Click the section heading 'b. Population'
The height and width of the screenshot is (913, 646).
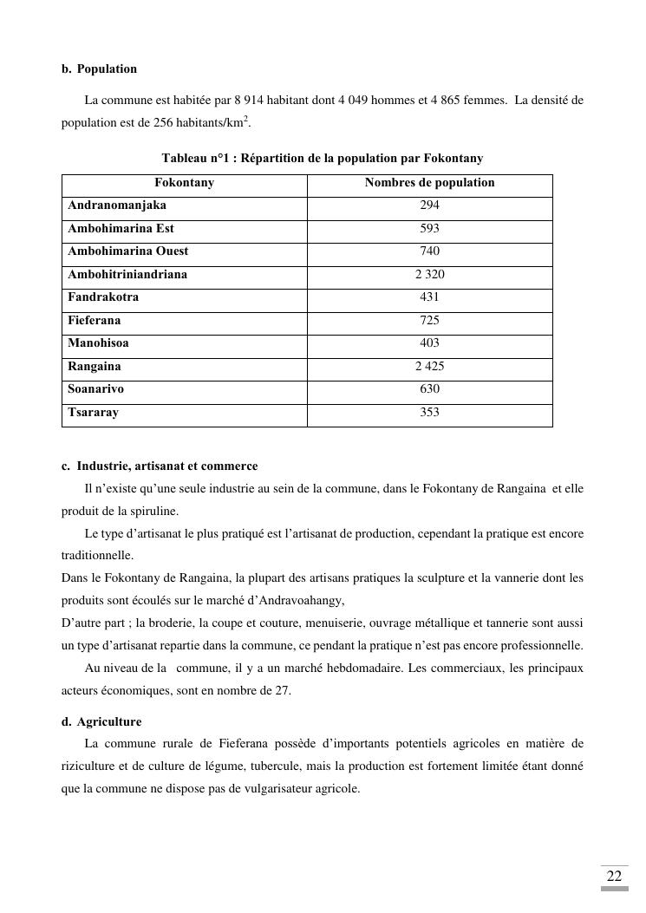99,69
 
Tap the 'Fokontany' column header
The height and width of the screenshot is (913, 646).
184,183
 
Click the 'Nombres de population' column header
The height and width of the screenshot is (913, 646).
429,183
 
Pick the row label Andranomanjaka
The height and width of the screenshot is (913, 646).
117,206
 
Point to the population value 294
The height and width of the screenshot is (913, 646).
429,206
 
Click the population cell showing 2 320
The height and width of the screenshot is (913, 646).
429,275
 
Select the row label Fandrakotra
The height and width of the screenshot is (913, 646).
103,297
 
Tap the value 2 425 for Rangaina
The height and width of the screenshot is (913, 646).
429,367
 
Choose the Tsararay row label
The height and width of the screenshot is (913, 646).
93,413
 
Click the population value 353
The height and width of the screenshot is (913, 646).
429,413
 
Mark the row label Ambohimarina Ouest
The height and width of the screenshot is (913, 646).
127,251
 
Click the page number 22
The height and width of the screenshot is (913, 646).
614,877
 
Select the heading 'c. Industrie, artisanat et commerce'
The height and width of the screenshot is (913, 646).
160,466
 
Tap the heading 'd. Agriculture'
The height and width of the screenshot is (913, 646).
101,722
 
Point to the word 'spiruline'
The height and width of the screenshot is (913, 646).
154,512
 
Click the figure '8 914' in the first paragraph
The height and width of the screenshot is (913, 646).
248,101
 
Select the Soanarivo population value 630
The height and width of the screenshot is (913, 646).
429,389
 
